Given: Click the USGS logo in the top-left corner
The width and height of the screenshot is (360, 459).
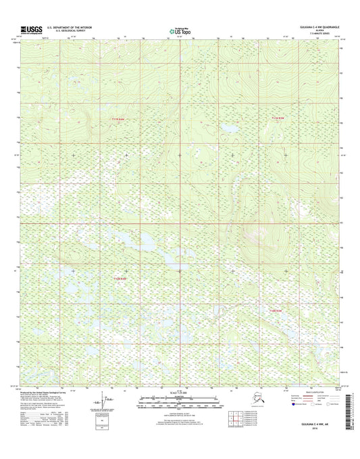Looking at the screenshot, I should (x=31, y=29).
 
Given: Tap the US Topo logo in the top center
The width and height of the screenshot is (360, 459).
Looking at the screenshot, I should (x=179, y=30).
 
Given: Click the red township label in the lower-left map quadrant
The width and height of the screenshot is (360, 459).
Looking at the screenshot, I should (x=120, y=279).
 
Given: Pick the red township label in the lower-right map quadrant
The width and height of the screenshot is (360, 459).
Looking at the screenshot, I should (x=269, y=310).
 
